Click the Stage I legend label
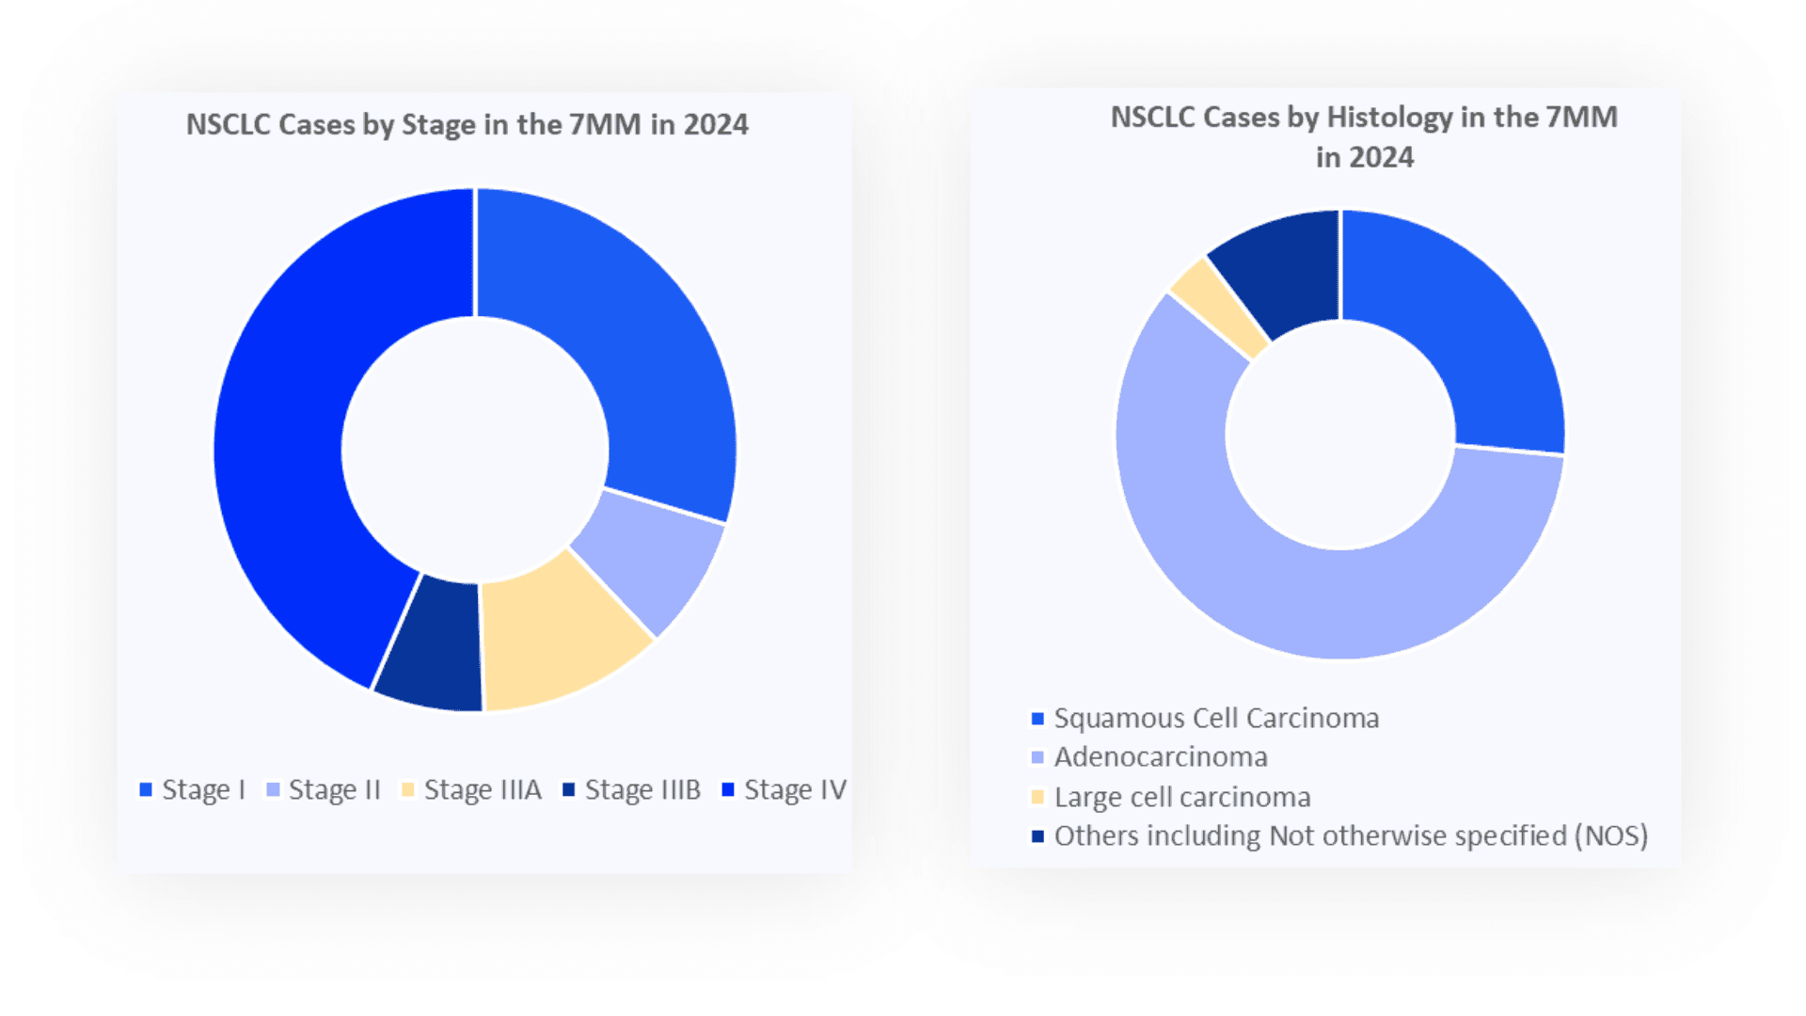pyautogui.click(x=203, y=790)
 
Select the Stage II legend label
pyautogui.click(x=334, y=790)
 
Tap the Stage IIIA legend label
pyautogui.click(x=483, y=790)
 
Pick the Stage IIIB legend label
pyautogui.click(x=642, y=790)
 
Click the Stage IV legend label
pyautogui.click(x=795, y=790)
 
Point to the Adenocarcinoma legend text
pyautogui.click(x=1161, y=757)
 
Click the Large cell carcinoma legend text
pyautogui.click(x=1182, y=798)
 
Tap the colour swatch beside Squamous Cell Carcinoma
pyautogui.click(x=1038, y=719)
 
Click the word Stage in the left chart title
pyautogui.click(x=439, y=125)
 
